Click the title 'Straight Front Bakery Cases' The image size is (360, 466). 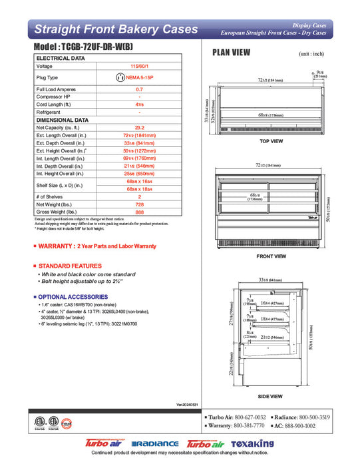[115, 29]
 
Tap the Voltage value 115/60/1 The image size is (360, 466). [139, 67]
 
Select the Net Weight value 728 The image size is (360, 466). [139, 204]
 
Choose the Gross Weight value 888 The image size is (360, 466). [139, 212]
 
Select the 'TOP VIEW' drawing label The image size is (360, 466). [271, 142]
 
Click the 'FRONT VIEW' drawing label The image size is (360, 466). [271, 256]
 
